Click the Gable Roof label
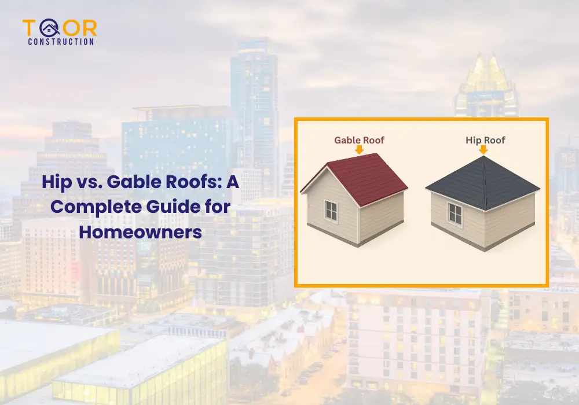pyautogui.click(x=359, y=140)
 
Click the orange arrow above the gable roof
pyautogui.click(x=359, y=149)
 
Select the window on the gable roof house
pyautogui.click(x=331, y=211)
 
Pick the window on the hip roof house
pyautogui.click(x=456, y=215)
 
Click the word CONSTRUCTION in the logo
pyautogui.click(x=61, y=42)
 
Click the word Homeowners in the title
pyautogui.click(x=141, y=233)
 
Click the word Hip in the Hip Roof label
pyautogui.click(x=471, y=140)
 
